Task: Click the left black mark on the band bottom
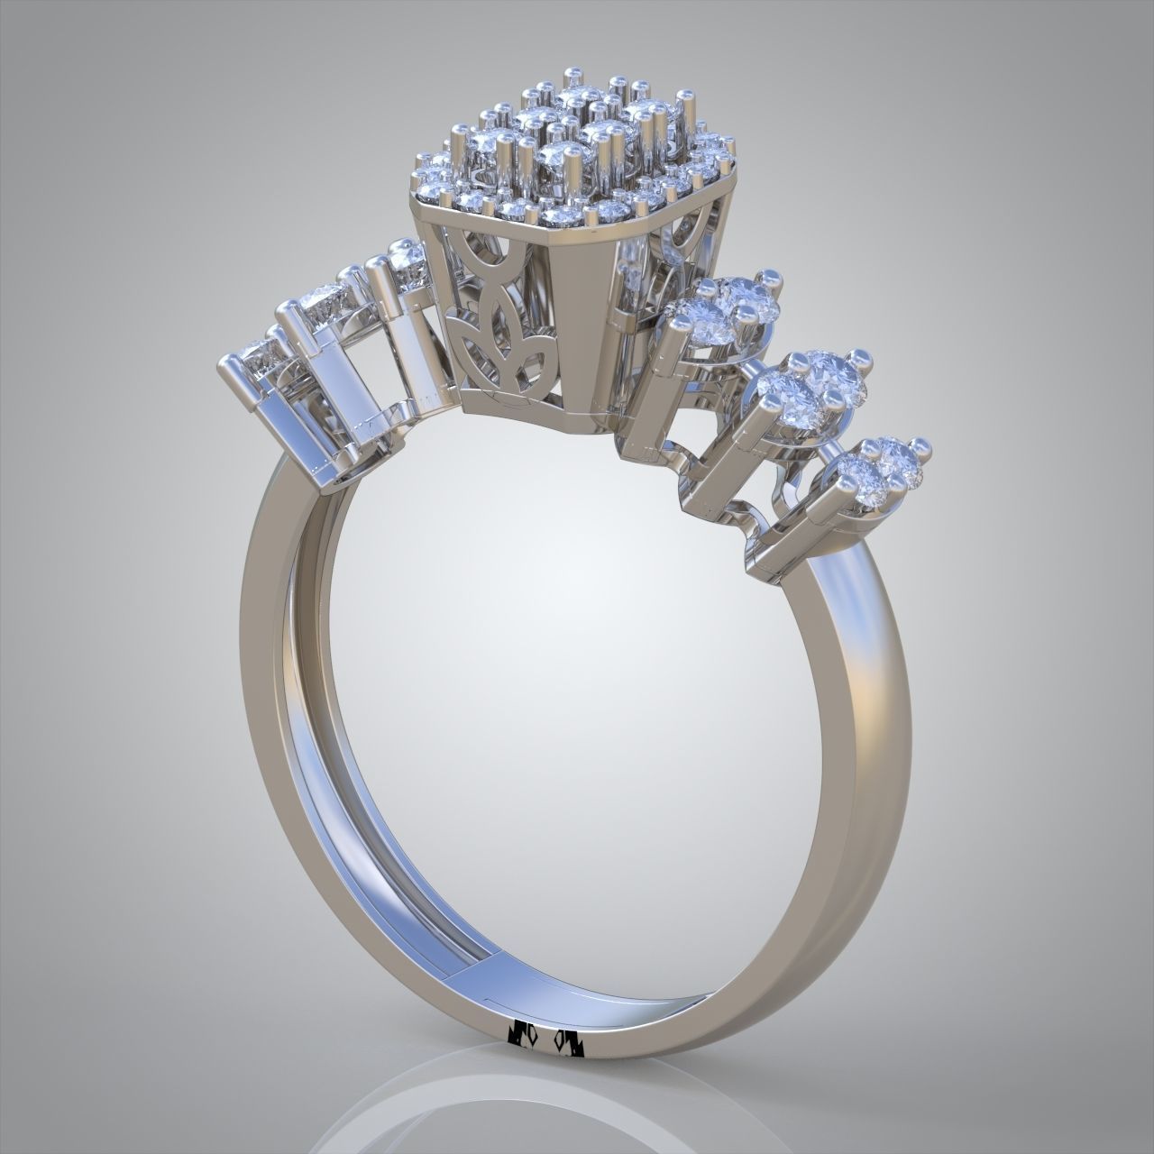522,1037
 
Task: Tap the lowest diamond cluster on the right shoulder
879,469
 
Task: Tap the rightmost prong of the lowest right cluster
920,444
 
